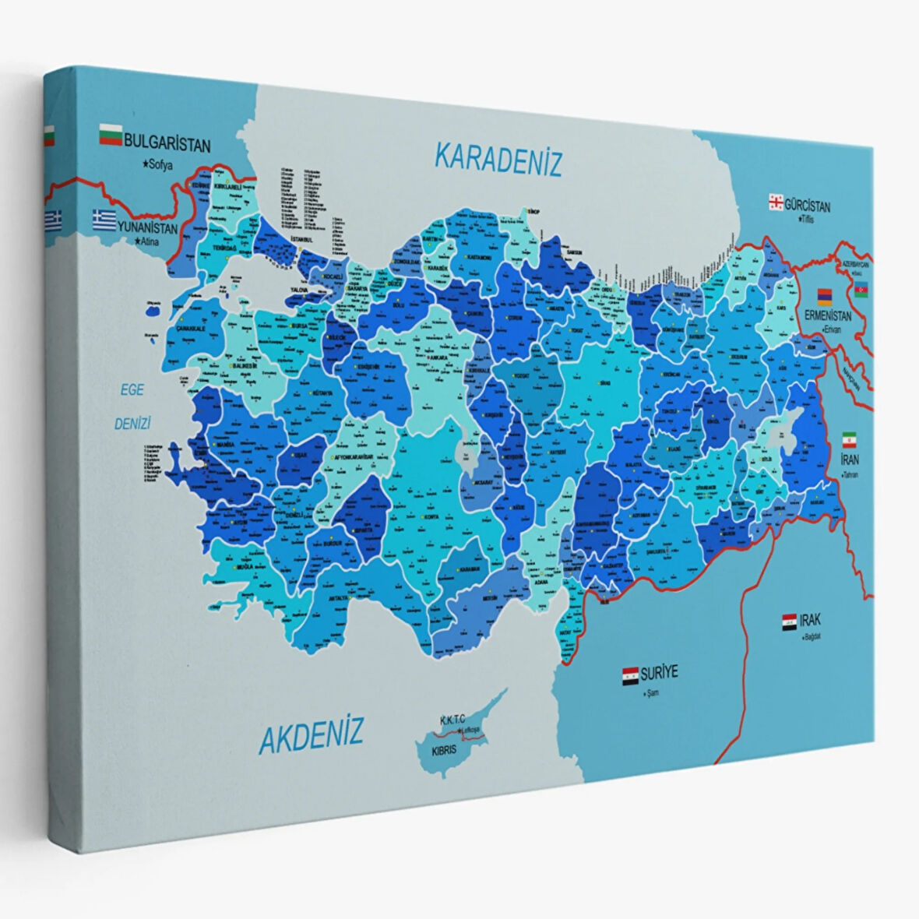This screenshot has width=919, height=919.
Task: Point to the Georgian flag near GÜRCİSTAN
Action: [776, 202]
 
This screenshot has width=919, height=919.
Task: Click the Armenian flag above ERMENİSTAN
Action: [825, 296]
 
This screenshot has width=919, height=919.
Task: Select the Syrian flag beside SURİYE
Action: [631, 675]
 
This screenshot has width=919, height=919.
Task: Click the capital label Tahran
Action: [851, 474]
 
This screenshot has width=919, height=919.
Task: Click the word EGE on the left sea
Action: [132, 390]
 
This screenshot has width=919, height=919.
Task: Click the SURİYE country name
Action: [660, 672]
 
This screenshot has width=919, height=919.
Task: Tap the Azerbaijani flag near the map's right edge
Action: [861, 290]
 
